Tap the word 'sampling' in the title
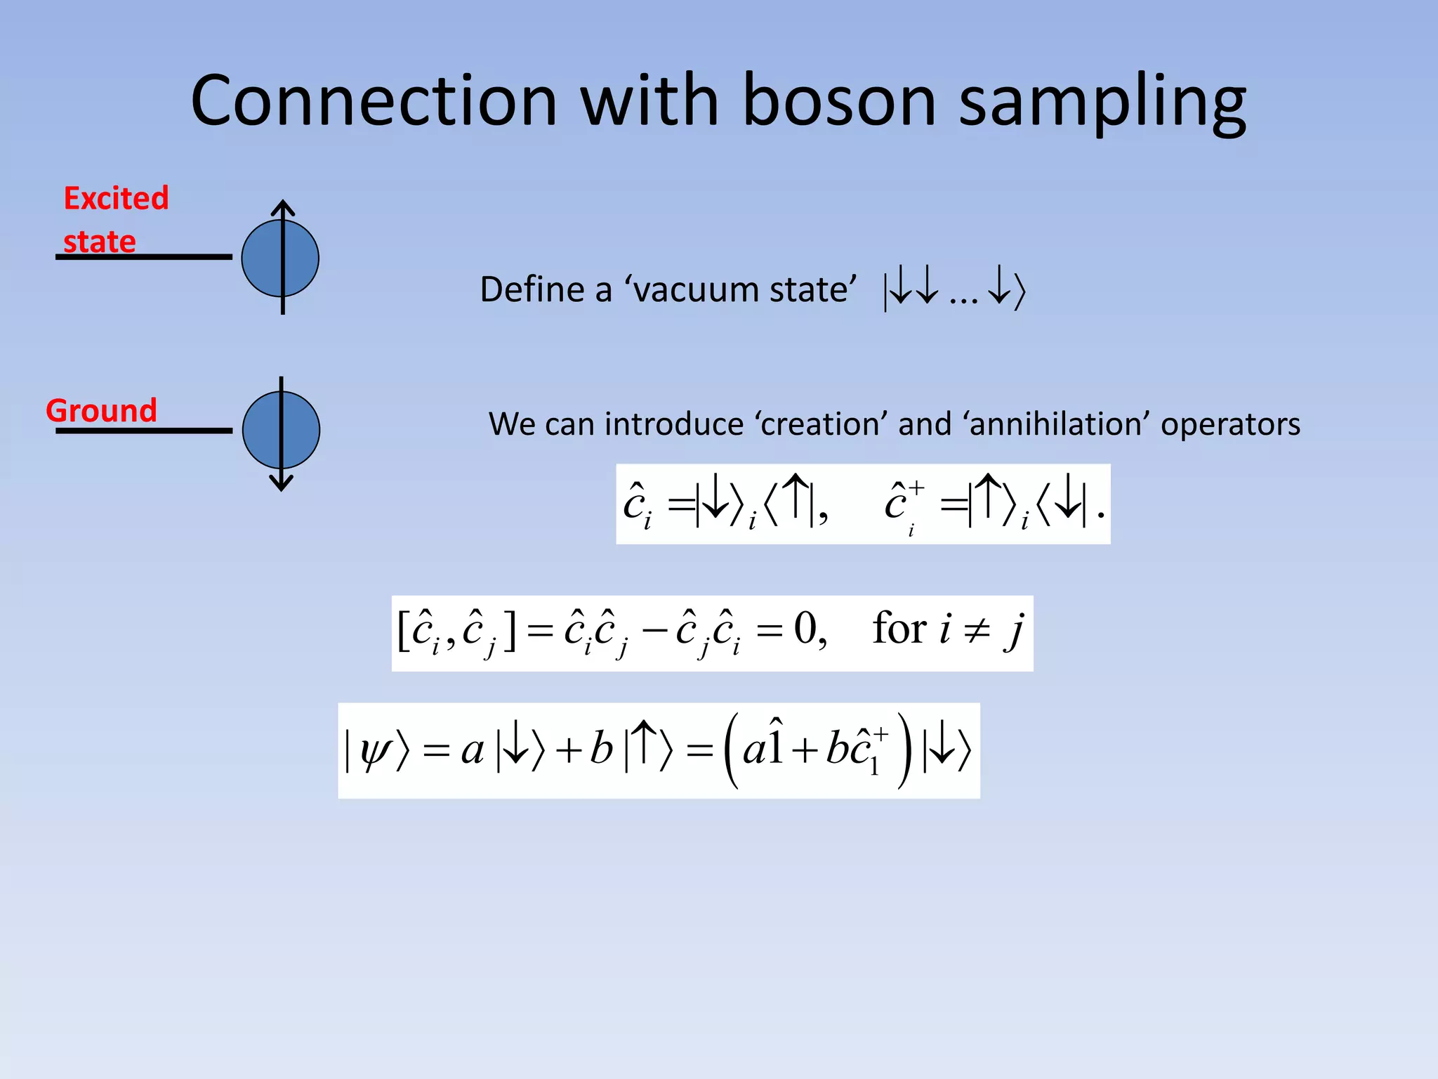point(1102,103)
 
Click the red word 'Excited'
point(116,198)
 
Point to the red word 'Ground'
point(101,410)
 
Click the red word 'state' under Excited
point(99,242)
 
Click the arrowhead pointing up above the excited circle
point(282,207)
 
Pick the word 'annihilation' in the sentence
point(1061,424)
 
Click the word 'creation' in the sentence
point(822,424)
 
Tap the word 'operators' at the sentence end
point(1230,424)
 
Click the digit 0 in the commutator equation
point(805,628)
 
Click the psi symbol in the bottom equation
point(373,751)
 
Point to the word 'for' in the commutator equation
point(899,628)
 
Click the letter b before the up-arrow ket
point(601,749)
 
